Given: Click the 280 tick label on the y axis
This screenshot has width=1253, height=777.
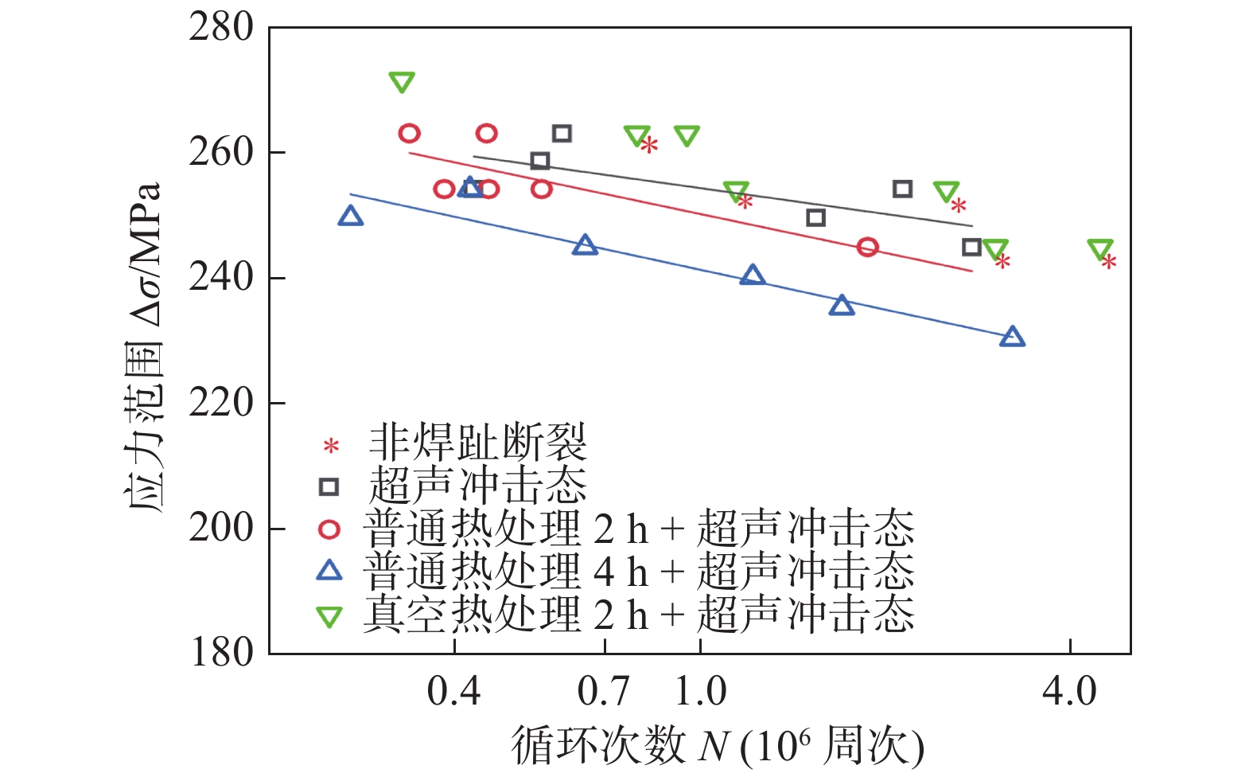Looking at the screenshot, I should (x=220, y=28).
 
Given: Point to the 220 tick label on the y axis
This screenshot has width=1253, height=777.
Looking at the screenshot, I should (x=220, y=403).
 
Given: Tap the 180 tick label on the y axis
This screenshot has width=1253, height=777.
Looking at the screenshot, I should (x=222, y=653).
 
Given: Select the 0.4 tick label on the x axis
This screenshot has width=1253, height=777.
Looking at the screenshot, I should (x=453, y=691).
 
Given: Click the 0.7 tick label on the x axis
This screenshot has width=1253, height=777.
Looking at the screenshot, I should (x=604, y=691).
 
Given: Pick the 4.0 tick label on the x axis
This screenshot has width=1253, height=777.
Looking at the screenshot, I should (x=1069, y=691).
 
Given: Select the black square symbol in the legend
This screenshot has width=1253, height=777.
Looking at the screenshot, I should (x=329, y=486).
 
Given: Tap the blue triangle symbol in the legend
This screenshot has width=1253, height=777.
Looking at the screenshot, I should (x=329, y=570).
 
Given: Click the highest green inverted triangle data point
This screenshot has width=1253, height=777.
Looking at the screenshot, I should (x=402, y=82).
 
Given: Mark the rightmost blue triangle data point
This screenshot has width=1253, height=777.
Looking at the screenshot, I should (x=1012, y=337).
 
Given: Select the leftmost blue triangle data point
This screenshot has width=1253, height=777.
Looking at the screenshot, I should (x=350, y=216).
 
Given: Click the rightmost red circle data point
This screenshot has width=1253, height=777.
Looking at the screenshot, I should (x=867, y=247).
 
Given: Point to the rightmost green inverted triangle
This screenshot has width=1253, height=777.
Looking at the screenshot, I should (x=1099, y=249).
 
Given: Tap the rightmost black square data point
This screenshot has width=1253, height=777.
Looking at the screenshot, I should (x=971, y=247).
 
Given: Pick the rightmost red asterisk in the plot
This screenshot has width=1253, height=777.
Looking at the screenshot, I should (x=1109, y=262).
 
